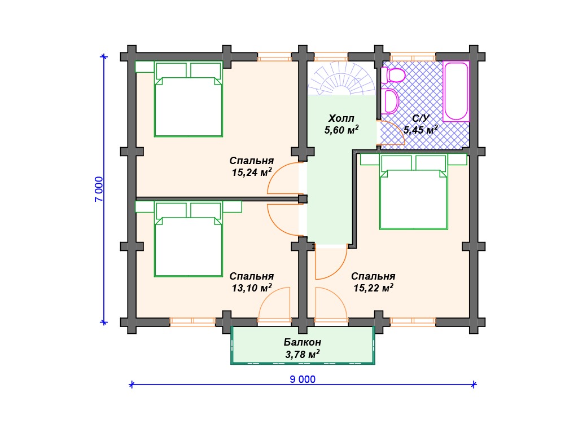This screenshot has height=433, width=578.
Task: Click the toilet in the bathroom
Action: click(393, 76)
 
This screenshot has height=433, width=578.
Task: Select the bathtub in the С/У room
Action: click(456, 91)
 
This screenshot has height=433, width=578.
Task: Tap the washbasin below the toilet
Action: click(390, 101)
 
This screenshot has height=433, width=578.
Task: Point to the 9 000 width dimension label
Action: click(303, 379)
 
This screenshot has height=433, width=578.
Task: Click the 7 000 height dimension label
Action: click(99, 189)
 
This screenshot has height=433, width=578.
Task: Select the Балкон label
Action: click(303, 342)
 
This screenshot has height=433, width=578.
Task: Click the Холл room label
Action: click(341, 118)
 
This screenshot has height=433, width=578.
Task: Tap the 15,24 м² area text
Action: click(252, 172)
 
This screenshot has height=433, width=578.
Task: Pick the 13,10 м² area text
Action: click(252, 288)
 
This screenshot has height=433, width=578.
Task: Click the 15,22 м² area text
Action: click(374, 288)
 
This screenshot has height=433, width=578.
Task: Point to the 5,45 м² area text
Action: click(421, 130)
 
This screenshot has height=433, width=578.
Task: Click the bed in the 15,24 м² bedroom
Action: click(189, 99)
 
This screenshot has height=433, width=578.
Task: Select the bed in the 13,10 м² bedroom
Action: click(189, 239)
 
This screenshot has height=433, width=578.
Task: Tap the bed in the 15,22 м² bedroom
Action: click(414, 192)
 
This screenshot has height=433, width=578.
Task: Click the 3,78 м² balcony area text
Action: click(303, 354)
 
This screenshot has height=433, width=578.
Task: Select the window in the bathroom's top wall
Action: click(413, 57)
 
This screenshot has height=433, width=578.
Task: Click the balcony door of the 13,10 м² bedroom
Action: click(274, 304)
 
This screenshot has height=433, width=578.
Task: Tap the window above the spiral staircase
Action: click(331, 57)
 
